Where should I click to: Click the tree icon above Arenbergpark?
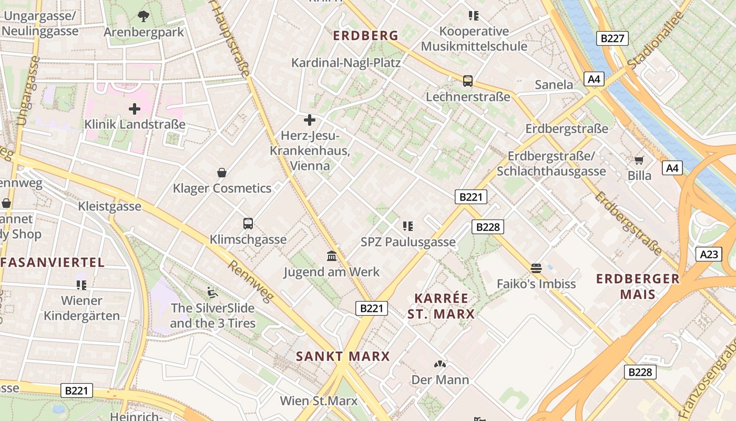(143, 16)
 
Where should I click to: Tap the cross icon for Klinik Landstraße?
(135, 109)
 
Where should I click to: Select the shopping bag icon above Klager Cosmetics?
(222, 173)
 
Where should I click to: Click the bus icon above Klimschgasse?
(248, 224)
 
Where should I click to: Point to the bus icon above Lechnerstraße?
(467, 81)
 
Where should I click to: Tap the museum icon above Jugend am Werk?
(332, 256)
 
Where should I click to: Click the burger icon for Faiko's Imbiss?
(536, 268)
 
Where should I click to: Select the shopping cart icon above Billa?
(639, 160)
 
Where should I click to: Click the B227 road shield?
(612, 38)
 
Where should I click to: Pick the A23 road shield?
(709, 254)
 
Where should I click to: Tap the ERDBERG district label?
(366, 36)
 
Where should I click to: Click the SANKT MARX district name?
(343, 356)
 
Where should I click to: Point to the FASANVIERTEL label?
(53, 262)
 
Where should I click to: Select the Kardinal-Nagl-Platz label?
(346, 63)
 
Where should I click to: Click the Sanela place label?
(554, 85)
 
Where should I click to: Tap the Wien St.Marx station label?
(319, 400)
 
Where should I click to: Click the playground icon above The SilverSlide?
(212, 293)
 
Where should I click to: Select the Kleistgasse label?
(110, 206)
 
